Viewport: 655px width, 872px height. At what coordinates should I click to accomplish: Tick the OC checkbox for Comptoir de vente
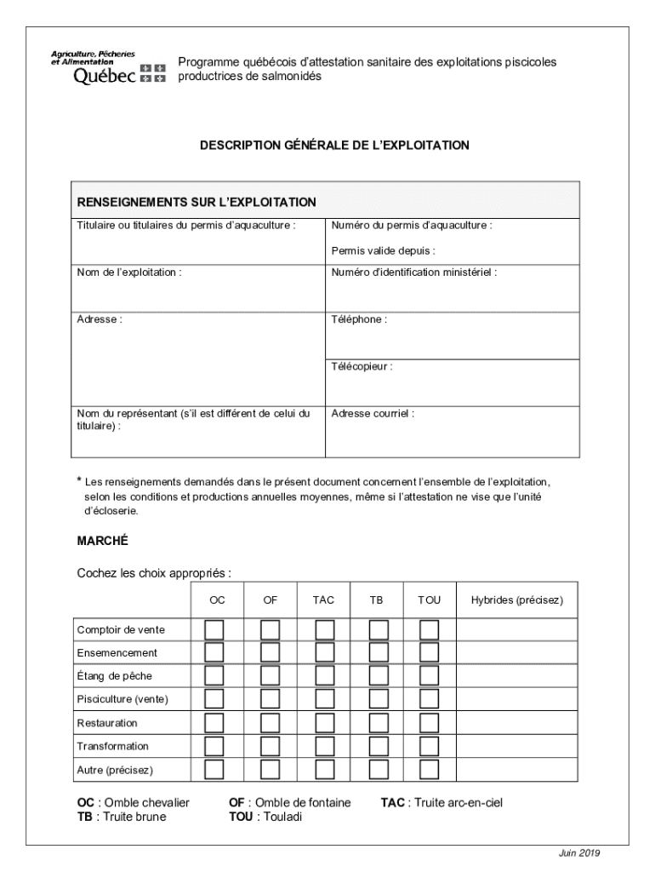click(x=215, y=629)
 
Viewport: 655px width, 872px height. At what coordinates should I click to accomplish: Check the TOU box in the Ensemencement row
click(x=430, y=652)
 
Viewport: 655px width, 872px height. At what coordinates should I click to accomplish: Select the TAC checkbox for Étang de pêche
click(x=324, y=676)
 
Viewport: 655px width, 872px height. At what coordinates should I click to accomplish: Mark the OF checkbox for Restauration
click(x=270, y=723)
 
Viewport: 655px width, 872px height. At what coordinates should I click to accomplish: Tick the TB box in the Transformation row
click(x=378, y=746)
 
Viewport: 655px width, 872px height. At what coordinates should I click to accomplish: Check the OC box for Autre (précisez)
click(x=215, y=770)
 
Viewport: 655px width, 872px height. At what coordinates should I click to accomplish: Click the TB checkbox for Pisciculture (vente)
click(x=378, y=699)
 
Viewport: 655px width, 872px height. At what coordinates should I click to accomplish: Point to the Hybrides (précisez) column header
click(x=516, y=600)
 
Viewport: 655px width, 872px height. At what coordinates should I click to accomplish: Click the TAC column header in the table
click(x=323, y=600)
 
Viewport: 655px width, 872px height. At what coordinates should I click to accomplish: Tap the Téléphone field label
click(x=359, y=319)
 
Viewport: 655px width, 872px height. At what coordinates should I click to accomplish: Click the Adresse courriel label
click(x=373, y=414)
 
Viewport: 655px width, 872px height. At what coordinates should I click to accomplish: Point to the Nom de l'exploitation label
click(x=129, y=272)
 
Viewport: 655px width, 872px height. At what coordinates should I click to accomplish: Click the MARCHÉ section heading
click(x=102, y=541)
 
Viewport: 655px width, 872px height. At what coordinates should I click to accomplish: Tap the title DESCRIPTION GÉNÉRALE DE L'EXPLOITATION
click(x=334, y=146)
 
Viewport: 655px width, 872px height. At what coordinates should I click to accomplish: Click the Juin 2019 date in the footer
click(x=579, y=852)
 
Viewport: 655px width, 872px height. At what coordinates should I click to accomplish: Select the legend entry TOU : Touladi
click(x=265, y=817)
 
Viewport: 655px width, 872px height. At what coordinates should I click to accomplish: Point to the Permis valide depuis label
click(x=383, y=250)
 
